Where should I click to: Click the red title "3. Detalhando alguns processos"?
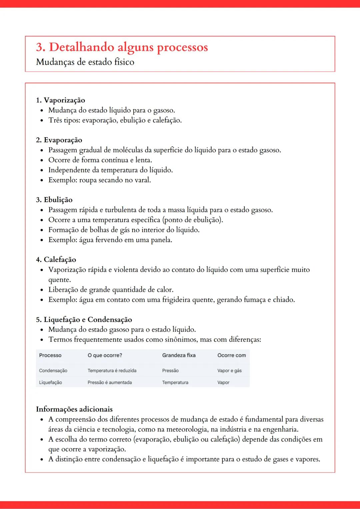point(122,47)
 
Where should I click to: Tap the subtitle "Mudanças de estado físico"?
point(85,62)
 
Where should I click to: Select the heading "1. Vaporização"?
point(60,100)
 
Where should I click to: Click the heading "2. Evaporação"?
point(59,140)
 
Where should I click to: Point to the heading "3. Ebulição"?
point(54,200)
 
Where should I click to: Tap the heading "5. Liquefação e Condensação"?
point(84,320)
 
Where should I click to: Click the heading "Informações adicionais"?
point(74,409)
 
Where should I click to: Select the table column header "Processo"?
point(50,355)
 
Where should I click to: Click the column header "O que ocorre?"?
point(105,355)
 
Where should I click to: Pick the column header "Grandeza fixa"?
point(179,355)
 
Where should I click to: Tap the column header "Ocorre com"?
point(232,355)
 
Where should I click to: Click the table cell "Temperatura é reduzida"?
point(112,371)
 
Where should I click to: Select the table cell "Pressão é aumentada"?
point(110,383)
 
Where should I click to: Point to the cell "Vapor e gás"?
point(229,371)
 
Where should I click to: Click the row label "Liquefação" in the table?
point(50,383)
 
